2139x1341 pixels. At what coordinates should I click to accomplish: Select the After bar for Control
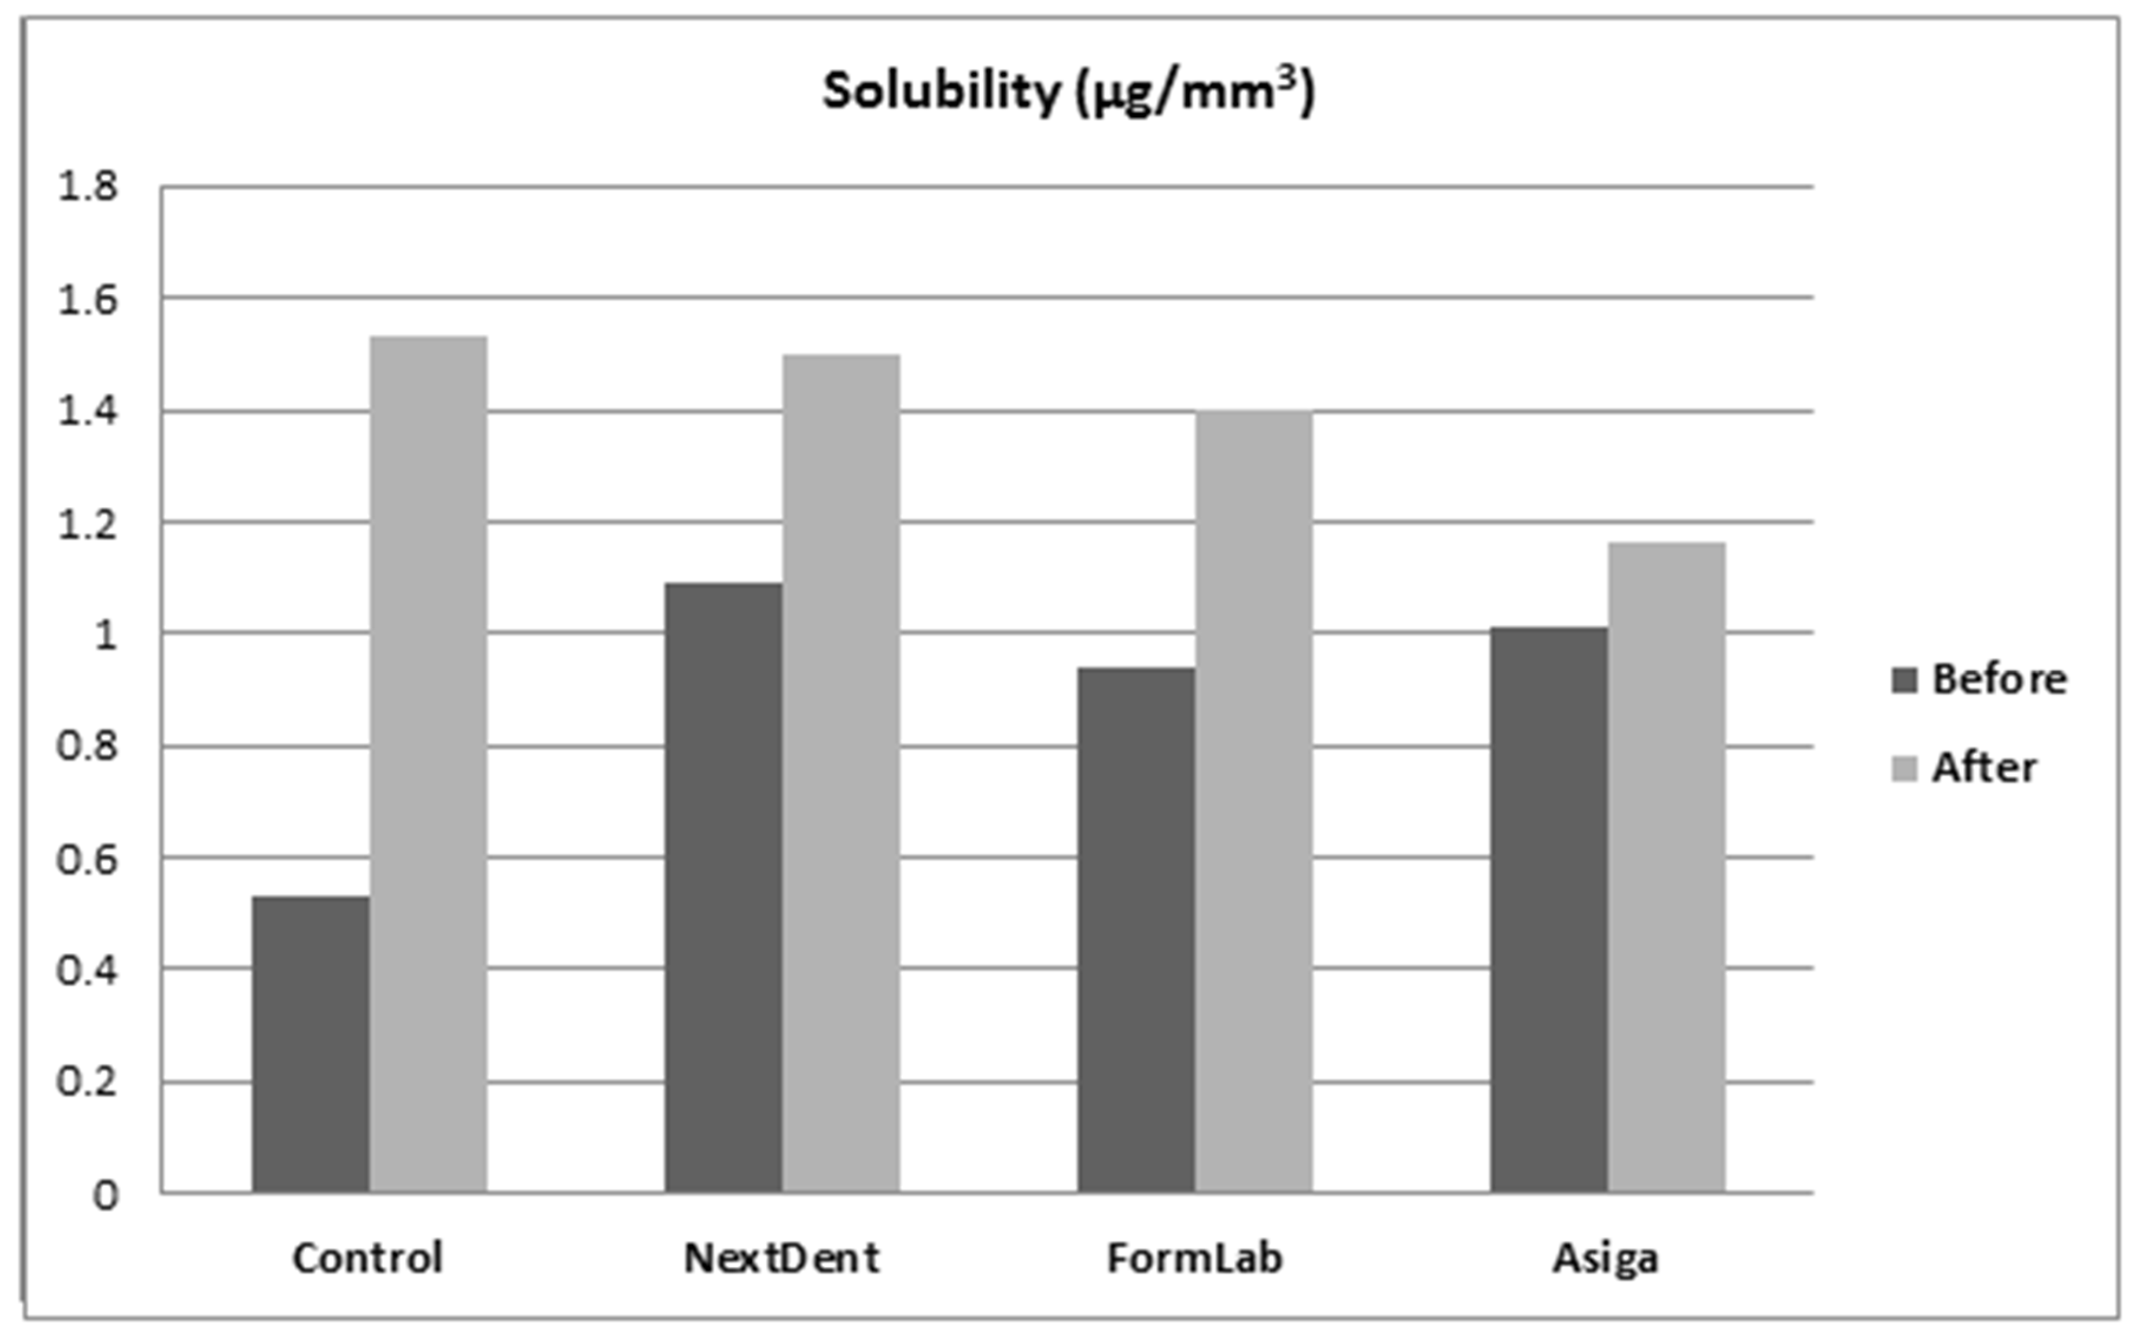[429, 763]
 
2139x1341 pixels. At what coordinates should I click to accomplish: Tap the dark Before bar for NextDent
[723, 887]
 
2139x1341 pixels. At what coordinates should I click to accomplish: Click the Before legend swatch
[1904, 680]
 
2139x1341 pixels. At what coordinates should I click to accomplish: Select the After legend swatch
[1904, 768]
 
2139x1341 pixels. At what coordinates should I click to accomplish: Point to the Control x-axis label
[367, 1258]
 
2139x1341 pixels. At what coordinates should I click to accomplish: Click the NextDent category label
[781, 1258]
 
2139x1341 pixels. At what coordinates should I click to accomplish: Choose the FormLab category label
[1194, 1258]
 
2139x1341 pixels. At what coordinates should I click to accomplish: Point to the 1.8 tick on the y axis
[87, 187]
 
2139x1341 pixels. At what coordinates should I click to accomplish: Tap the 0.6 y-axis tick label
[87, 859]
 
